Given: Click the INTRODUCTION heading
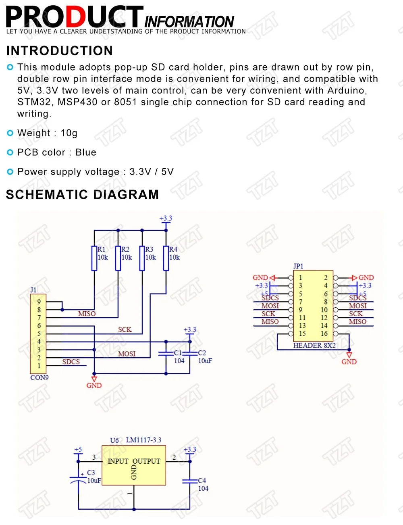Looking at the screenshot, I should coord(60,51).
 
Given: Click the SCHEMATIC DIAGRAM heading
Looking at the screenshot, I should coord(82,194).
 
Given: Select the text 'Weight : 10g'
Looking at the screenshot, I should coord(47,133).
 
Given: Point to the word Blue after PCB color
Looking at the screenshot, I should coord(86,152).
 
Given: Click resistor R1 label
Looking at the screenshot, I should coord(101,250).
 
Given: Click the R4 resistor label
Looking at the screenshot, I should coord(173,250).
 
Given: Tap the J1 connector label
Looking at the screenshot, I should coord(33,290).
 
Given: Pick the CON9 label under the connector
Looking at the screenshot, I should coord(39,378).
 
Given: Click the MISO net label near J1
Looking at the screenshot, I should coord(87,314).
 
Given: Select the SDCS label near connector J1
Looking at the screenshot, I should coord(71,362).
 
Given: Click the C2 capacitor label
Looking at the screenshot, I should coord(202,353).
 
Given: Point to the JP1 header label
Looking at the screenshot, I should coord(298,266).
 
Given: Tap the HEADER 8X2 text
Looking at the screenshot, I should coord(314,346).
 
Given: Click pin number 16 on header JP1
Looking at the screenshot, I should coord(324,334).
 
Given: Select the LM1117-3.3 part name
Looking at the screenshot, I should coord(143,440).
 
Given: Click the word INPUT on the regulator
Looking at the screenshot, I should coord(118,461).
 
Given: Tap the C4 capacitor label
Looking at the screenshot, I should coord(202,481).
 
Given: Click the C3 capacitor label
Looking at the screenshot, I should coord(91,473).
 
